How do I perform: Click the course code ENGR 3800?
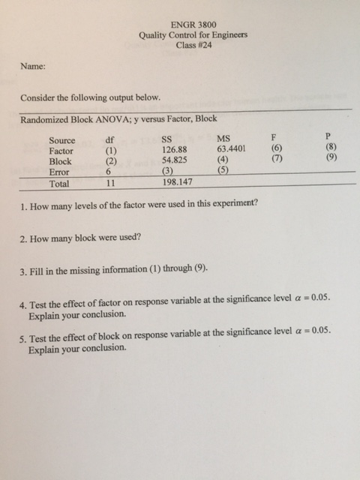pyautogui.click(x=193, y=25)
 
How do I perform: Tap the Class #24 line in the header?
pyautogui.click(x=193, y=45)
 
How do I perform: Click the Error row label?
pyautogui.click(x=59, y=171)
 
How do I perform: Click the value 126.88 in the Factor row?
pyautogui.click(x=175, y=149)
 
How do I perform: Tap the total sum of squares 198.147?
pyautogui.click(x=178, y=181)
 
